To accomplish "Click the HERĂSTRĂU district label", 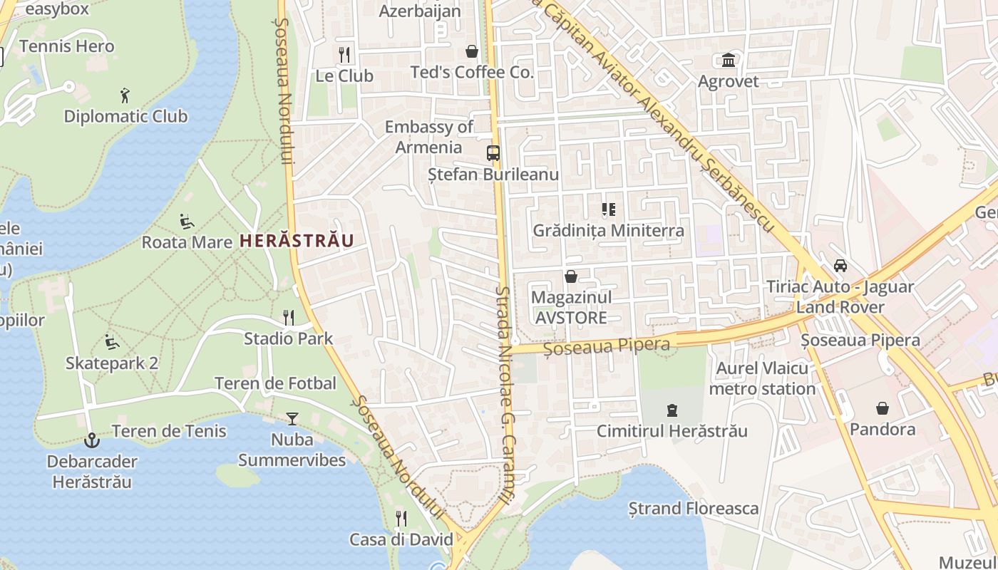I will pyautogui.click(x=297, y=240).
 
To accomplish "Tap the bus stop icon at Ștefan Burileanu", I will pyautogui.click(x=493, y=152).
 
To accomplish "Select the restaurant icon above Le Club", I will pyautogui.click(x=344, y=54).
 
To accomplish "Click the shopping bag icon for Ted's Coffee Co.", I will pyautogui.click(x=471, y=51).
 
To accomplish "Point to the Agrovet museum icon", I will pyautogui.click(x=729, y=60).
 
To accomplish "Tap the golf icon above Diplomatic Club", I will pyautogui.click(x=125, y=95).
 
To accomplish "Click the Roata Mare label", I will pyautogui.click(x=187, y=242).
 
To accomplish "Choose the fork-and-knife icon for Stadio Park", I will pyautogui.click(x=289, y=317).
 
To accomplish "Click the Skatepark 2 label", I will pyautogui.click(x=112, y=363).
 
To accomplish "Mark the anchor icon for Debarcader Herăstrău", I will pyautogui.click(x=91, y=440).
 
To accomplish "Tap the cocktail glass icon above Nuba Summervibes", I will pyautogui.click(x=292, y=419).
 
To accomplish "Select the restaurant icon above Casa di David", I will pyautogui.click(x=401, y=518).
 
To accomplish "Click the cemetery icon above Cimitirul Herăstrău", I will pyautogui.click(x=672, y=410).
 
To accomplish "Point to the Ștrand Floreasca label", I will pyautogui.click(x=693, y=509).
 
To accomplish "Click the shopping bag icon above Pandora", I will pyautogui.click(x=883, y=408).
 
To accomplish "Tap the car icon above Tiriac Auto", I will pyautogui.click(x=840, y=266).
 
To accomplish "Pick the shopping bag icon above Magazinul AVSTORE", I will pyautogui.click(x=571, y=276).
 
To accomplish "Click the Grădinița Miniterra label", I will pyautogui.click(x=609, y=231).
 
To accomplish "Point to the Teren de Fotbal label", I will pyautogui.click(x=275, y=383).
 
